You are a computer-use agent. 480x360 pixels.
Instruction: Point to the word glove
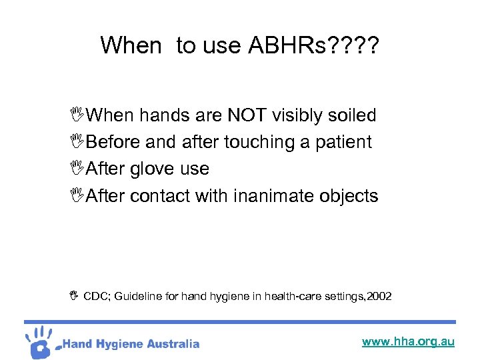(153, 169)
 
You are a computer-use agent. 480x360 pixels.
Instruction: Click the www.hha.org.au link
(407, 341)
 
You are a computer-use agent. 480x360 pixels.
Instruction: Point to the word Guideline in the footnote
(138, 295)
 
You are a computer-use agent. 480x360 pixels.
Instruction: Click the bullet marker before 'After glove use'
(79, 169)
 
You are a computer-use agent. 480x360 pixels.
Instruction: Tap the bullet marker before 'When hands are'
(79, 115)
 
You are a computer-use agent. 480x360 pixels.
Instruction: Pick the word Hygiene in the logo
(121, 344)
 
